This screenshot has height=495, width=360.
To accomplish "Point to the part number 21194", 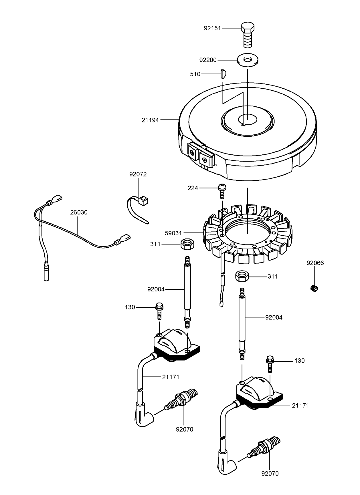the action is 150,120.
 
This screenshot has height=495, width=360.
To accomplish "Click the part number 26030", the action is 79,212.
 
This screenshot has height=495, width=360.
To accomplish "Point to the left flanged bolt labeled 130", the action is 159,311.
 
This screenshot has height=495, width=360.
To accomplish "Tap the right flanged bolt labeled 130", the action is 270,364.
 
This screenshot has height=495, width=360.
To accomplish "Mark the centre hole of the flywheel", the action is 248,120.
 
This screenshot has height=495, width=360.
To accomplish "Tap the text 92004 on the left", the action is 156,289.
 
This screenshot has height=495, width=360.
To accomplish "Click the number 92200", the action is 208,60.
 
